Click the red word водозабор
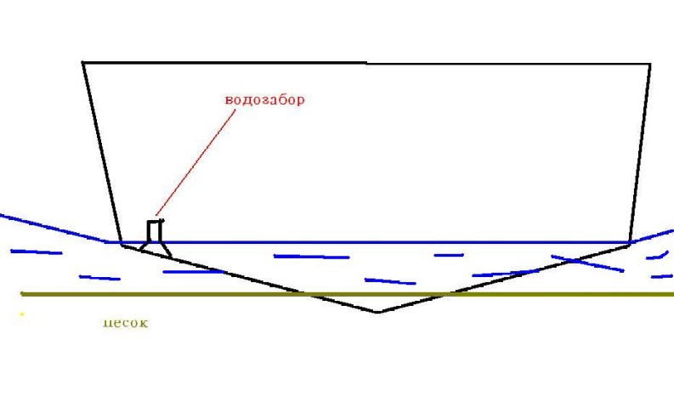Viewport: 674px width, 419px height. [264, 99]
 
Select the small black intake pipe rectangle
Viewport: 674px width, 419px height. [155, 231]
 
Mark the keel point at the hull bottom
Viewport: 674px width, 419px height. [378, 312]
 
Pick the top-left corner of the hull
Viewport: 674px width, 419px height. [83, 62]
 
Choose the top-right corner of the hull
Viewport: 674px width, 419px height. [650, 64]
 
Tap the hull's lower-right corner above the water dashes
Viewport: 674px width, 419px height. [629, 245]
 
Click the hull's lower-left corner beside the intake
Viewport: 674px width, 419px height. [122, 246]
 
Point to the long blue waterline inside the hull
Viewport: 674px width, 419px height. [382, 242]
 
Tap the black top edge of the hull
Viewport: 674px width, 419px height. [365, 63]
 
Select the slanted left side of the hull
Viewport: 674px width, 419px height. [102, 153]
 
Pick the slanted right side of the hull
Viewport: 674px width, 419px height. [640, 153]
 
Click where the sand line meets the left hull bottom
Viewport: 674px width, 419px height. [303, 294]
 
